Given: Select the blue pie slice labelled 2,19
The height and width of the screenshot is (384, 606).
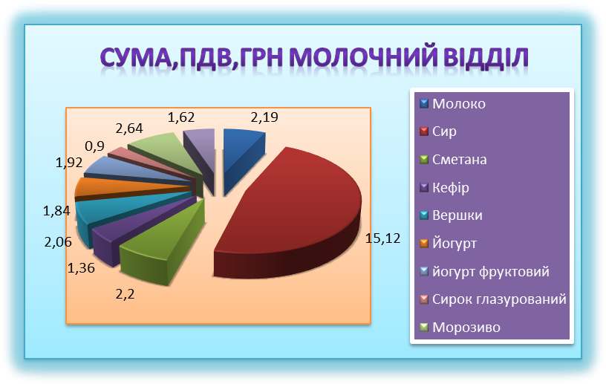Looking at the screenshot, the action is (x=241, y=154).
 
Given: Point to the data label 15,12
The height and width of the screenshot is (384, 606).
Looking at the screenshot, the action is (x=382, y=238).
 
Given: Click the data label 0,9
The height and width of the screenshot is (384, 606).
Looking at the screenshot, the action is (x=95, y=146).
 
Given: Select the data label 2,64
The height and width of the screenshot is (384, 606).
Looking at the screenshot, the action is (x=129, y=128).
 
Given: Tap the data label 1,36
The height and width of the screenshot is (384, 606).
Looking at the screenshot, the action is (x=81, y=268).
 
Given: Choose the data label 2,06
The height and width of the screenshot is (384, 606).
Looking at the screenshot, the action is (x=58, y=242).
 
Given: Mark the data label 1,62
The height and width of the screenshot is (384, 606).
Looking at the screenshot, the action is (x=181, y=117).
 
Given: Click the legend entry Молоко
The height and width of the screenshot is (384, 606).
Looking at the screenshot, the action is (x=452, y=104).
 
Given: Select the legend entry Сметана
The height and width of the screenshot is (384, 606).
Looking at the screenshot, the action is (x=453, y=160).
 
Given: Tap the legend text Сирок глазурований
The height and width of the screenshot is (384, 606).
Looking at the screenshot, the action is (x=499, y=299).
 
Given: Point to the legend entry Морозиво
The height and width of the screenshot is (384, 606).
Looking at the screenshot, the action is (x=460, y=327).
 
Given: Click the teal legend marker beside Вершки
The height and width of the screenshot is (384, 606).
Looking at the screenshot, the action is (x=424, y=215).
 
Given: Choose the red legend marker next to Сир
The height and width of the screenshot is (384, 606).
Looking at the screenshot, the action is (x=424, y=131).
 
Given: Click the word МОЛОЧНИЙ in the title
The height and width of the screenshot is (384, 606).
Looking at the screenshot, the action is (x=363, y=57).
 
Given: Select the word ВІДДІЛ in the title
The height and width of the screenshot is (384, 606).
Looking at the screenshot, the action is (x=486, y=58).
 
